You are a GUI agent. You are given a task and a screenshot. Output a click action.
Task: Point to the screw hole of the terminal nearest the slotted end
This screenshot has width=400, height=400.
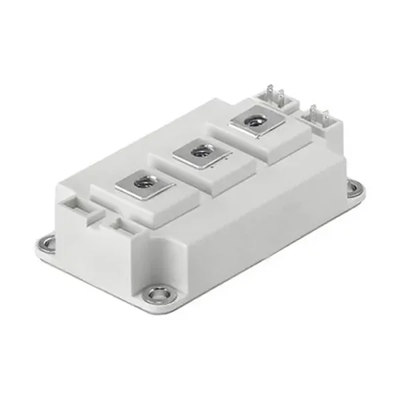(x=142, y=180)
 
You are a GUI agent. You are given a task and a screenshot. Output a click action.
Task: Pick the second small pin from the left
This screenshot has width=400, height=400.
(x=281, y=95)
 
